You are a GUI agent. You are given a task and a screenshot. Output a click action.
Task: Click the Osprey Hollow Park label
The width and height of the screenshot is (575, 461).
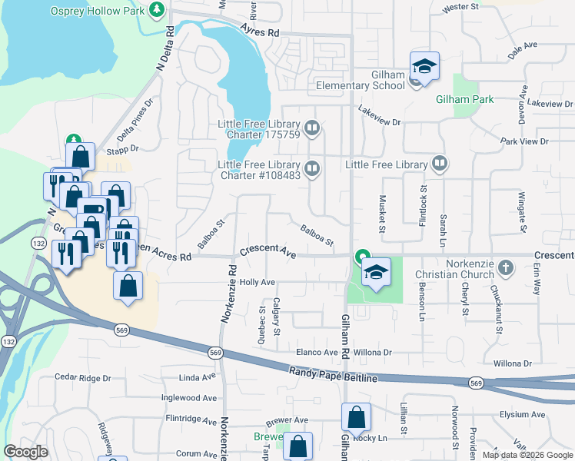click(x=98, y=12)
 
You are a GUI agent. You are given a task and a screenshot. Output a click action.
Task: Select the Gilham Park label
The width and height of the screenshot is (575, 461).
click(x=464, y=99)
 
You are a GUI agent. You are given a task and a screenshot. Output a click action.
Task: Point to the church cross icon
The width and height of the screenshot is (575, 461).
click(x=505, y=268)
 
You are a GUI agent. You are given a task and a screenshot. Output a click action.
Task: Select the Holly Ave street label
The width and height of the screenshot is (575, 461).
click(x=257, y=282)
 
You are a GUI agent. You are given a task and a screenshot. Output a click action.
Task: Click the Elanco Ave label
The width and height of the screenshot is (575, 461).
click(x=317, y=353)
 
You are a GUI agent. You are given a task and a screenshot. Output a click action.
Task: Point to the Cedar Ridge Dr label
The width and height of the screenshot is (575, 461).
click(x=83, y=378)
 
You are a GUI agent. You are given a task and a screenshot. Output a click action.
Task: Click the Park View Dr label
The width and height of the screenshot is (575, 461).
click(x=524, y=141)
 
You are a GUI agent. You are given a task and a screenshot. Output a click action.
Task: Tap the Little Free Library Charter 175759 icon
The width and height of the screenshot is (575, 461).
click(x=311, y=128)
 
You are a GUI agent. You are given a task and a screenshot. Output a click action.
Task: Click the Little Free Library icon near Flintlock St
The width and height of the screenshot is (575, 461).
click(x=439, y=163)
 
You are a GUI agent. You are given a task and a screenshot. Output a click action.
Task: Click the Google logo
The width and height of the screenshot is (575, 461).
click(x=25, y=452)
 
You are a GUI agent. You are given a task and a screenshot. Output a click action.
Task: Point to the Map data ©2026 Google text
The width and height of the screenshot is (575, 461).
click(x=528, y=455)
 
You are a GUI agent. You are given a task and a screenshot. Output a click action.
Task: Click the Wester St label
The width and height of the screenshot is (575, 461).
click(x=461, y=7)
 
